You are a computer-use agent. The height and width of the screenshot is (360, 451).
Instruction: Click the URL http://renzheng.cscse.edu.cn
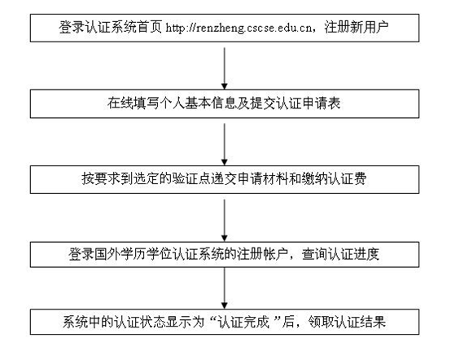point(239,28)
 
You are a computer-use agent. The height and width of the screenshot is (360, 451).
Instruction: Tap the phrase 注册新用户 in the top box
point(357,28)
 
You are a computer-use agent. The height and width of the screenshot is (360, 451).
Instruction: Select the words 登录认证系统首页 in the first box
point(111,28)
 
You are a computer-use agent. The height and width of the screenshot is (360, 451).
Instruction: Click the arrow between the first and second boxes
point(225,68)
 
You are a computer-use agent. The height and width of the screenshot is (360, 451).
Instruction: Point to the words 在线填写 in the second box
point(134,103)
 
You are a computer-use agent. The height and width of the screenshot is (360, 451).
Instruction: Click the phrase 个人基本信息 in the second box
point(198,103)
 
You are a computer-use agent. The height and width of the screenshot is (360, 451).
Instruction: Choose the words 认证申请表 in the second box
point(309,103)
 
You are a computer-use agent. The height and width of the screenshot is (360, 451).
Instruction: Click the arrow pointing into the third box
point(225,144)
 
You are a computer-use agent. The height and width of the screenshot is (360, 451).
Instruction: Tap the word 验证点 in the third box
point(191,179)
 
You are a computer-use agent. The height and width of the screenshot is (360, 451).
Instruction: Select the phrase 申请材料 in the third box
point(263,179)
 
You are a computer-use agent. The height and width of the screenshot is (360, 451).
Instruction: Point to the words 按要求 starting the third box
point(101,179)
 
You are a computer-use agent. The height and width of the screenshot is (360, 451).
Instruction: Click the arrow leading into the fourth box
point(225,220)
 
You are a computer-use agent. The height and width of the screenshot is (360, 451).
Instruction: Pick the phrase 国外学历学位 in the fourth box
point(134,255)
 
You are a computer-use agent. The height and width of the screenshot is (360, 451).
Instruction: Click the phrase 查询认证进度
point(340,255)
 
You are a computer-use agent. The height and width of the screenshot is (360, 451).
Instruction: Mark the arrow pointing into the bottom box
point(225,288)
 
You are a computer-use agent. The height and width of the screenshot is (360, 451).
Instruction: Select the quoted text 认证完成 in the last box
point(243,322)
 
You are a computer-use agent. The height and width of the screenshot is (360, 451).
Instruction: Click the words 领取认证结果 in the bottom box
point(347,322)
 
